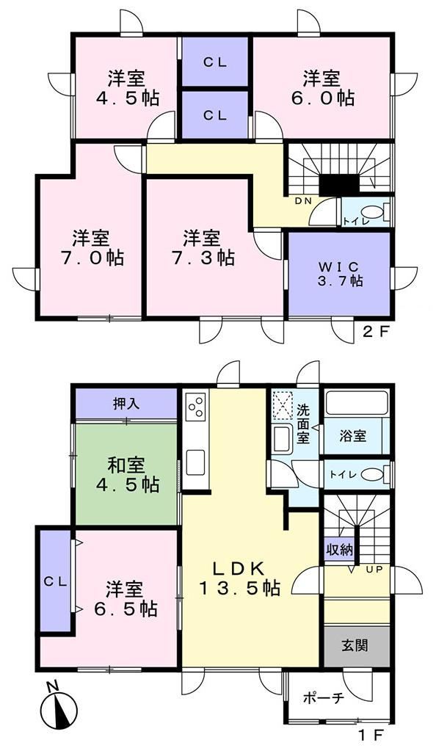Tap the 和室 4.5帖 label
(128, 475)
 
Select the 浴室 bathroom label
(353, 435)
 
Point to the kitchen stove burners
(196, 405)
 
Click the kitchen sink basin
(195, 462)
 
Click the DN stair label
(302, 201)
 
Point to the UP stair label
(374, 570)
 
